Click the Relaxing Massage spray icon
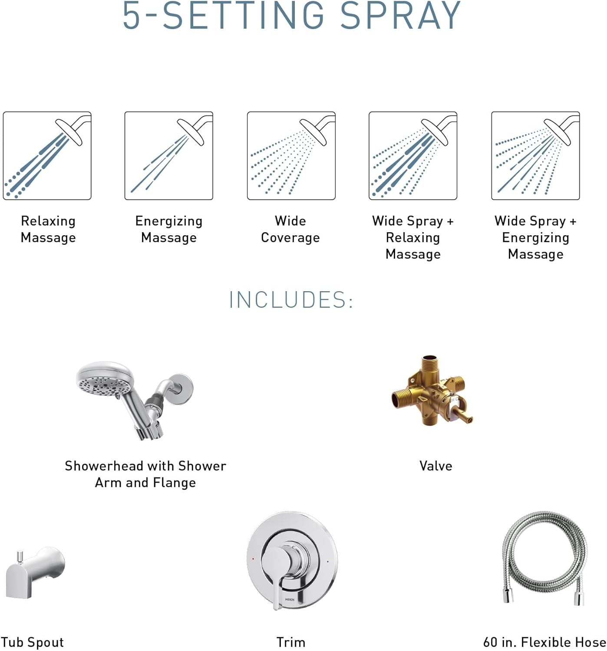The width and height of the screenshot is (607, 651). point(47,156)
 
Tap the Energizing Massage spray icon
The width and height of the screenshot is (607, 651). point(168,156)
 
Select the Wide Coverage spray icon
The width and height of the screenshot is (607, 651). point(291,156)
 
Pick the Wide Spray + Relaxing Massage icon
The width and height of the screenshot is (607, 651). point(412,156)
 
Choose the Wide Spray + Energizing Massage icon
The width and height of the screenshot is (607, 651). point(535,156)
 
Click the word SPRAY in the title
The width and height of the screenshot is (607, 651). point(400,16)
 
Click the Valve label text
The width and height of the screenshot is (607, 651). point(435,466)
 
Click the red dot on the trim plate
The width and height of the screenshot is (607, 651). point(253,559)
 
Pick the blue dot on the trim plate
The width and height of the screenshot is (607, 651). point(327,562)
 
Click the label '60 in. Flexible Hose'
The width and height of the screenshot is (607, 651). point(544,642)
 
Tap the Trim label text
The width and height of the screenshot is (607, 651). point(291,642)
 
